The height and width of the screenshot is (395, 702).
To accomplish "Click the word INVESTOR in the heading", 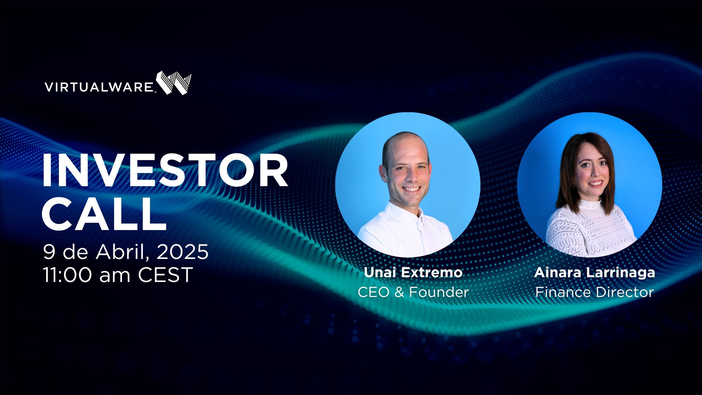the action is pyautogui.click(x=165, y=171).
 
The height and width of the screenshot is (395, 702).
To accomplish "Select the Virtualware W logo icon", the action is pyautogui.click(x=174, y=83).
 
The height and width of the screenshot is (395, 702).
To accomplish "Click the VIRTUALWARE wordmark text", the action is pyautogui.click(x=99, y=87).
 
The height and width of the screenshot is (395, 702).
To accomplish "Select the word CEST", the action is pyautogui.click(x=165, y=275).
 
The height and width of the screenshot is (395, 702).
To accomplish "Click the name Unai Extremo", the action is pyautogui.click(x=413, y=273).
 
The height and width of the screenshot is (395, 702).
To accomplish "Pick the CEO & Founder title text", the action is pyautogui.click(x=413, y=292).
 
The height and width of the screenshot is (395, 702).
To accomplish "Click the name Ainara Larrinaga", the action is pyautogui.click(x=595, y=273).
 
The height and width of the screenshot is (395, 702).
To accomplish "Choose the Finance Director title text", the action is pyautogui.click(x=595, y=292).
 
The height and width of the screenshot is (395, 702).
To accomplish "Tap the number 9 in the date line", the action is pyautogui.click(x=49, y=252).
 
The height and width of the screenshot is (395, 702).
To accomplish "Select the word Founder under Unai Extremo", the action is pyautogui.click(x=439, y=292).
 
